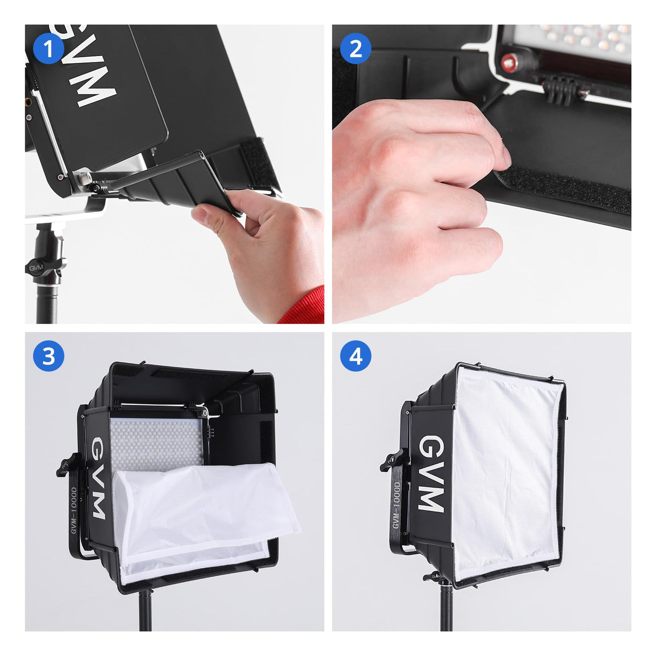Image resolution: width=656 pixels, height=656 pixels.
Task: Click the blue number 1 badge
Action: [x=48, y=48]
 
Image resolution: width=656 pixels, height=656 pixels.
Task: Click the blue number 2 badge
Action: [x=355, y=48]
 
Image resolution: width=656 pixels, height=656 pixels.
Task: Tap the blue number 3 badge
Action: [x=48, y=356]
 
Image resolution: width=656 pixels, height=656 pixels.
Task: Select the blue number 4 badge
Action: [x=355, y=356]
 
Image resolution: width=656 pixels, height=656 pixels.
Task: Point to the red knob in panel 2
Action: [x=508, y=61]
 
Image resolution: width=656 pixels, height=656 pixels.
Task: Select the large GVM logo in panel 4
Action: [x=430, y=474]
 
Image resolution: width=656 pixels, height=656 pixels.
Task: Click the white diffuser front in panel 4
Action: [x=507, y=473]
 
